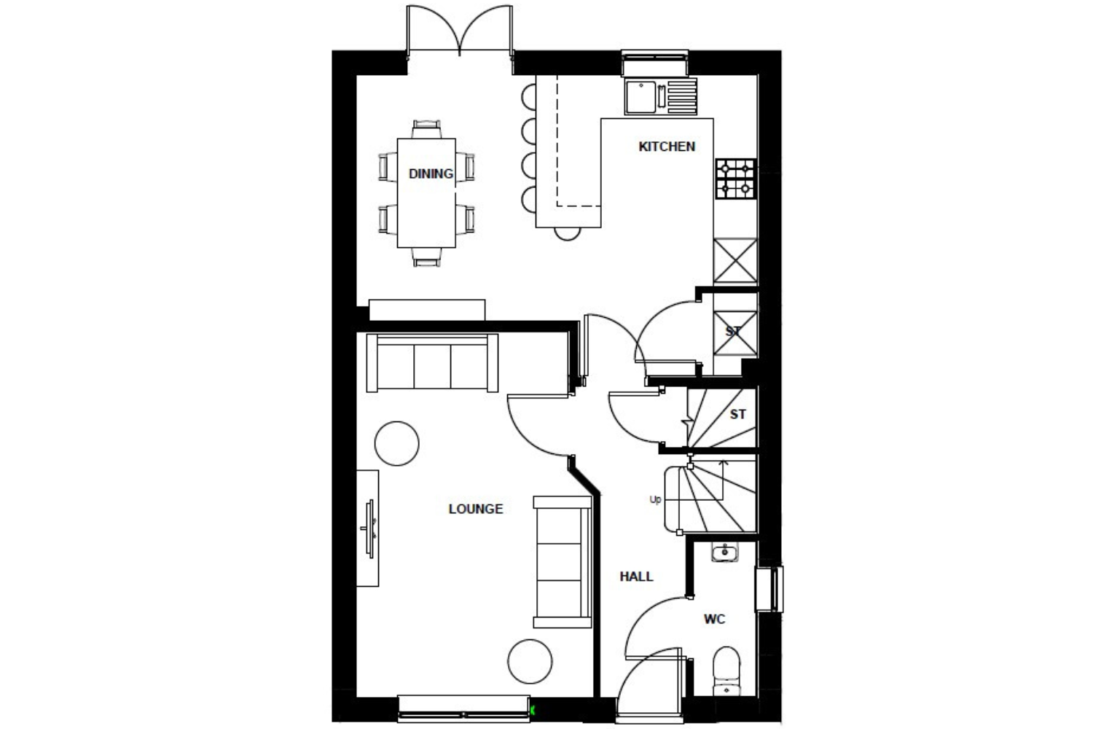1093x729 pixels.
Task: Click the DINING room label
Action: point(431,174)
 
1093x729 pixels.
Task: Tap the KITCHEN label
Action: point(667,147)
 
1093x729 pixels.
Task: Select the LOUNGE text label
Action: point(476,510)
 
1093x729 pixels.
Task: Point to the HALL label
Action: point(636,577)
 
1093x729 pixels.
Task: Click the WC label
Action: point(714,619)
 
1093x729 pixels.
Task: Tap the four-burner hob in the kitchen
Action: point(736,179)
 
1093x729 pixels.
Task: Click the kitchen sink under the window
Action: point(661,97)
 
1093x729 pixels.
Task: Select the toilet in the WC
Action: point(726,671)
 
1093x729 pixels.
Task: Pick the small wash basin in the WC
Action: point(724,553)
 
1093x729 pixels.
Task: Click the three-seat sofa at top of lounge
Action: point(432,363)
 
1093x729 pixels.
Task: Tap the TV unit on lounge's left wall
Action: point(367,529)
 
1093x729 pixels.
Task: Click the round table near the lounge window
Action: point(530,662)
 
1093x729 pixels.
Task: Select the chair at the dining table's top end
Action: point(426,129)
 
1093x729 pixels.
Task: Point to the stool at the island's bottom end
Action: point(568,234)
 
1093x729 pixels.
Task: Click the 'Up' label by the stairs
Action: point(655,499)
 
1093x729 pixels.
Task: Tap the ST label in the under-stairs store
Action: point(737,415)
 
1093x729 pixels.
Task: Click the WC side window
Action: point(769,588)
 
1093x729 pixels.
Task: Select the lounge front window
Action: point(463,709)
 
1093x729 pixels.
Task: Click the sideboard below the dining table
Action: point(427,310)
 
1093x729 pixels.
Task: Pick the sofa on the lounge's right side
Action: point(563,562)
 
